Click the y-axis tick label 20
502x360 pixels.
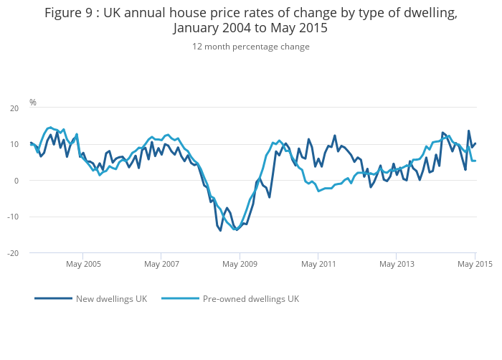click(x=14, y=108)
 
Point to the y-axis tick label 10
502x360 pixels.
click(x=14, y=144)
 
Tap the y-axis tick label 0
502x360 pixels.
click(x=16, y=181)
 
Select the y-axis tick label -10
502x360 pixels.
click(x=12, y=217)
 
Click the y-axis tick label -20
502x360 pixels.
click(x=12, y=253)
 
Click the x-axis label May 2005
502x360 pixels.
click(x=82, y=264)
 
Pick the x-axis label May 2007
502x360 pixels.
click(x=161, y=264)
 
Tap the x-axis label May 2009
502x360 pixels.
click(x=240, y=264)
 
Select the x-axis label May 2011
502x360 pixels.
click(x=318, y=264)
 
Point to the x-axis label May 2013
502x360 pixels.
click(x=397, y=264)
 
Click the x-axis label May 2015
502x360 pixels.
click(x=475, y=264)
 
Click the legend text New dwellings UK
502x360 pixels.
click(x=111, y=298)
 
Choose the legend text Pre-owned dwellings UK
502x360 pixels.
click(x=250, y=298)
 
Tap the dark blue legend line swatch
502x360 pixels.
click(x=53, y=298)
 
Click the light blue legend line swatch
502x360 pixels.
click(x=180, y=298)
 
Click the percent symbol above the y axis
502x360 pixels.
click(x=32, y=103)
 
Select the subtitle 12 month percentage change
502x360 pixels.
click(x=250, y=47)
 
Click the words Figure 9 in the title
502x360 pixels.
click(x=67, y=13)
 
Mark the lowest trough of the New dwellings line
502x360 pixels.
click(x=220, y=230)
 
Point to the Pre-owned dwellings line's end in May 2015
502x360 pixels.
click(x=475, y=161)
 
